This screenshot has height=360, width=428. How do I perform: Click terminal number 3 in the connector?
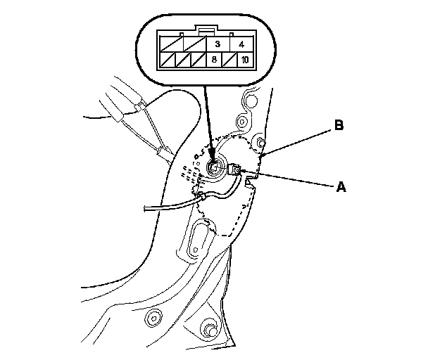coord(215,45)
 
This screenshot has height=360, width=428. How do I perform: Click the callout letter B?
coord(339,126)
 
